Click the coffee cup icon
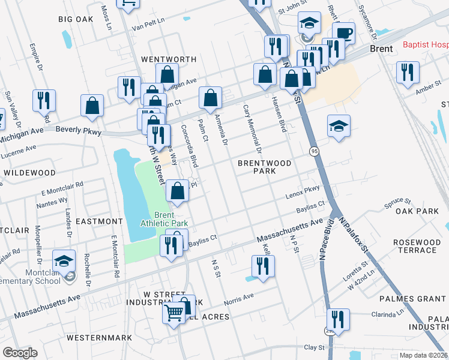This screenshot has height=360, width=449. point(343,33)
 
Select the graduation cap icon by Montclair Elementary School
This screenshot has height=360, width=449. point(64,262)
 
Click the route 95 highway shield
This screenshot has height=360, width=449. point(314,151)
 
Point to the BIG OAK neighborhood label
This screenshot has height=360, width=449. point(76,19)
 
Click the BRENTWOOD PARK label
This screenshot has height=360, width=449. point(264,167)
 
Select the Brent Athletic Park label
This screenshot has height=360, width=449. point(164,220)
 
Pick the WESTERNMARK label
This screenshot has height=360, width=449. point(99,338)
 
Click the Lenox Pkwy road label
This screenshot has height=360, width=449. point(303,191)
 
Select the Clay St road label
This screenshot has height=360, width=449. point(314,347)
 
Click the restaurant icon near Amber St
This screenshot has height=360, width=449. point(408,73)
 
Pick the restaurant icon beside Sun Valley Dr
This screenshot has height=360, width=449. point(44,101)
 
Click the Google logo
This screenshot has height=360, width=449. point(20,352)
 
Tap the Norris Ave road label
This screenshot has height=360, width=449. point(239,298)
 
